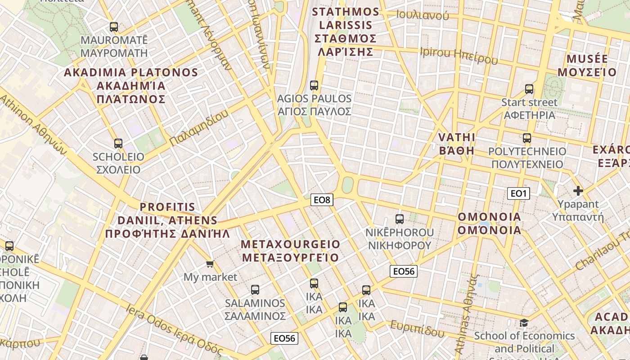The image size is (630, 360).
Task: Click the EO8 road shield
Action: pos(322,200)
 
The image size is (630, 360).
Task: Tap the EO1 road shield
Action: pos(518,193)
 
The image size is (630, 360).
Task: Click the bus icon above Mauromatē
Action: pos(114,27)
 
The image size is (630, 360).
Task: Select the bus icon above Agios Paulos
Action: pos(314,85)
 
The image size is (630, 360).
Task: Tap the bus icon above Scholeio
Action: pos(118,144)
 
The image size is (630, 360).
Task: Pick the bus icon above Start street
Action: pos(529,89)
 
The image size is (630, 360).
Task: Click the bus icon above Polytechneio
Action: pos(527,138)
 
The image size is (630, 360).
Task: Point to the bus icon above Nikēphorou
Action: pos(399,219)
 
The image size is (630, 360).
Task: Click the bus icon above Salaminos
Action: pos(255,289)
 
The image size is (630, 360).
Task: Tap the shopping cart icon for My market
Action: pos(210,264)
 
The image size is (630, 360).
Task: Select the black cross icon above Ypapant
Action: pos(578,191)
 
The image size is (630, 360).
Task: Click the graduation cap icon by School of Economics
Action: pos(524,323)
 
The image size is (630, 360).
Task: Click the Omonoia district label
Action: pos(489,224)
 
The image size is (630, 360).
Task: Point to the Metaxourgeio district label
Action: pos(291,251)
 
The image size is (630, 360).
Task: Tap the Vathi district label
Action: pos(457,144)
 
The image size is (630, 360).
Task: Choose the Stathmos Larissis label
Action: pos(346,31)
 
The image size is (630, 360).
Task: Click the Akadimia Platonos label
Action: pos(131,85)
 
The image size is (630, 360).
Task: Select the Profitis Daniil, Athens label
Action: pos(167,220)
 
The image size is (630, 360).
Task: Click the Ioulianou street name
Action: pos(423,15)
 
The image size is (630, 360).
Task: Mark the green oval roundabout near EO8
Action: pos(347,184)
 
